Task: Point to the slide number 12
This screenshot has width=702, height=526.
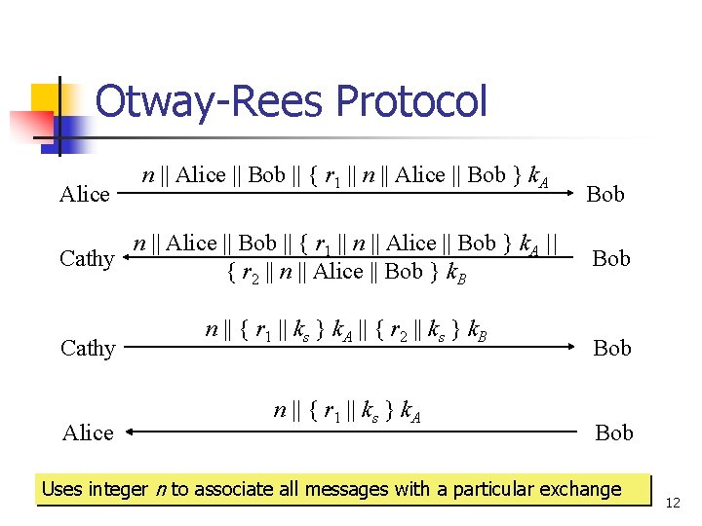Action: pos(671,503)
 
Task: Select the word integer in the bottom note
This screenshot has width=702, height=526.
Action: pos(118,489)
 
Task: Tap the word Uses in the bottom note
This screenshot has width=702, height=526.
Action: pos(61,489)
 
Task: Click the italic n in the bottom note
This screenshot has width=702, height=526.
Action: pos(162,490)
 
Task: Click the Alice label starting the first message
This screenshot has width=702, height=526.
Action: pos(85,195)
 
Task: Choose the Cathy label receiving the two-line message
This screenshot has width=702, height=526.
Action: pos(87,258)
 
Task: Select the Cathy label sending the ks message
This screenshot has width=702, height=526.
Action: pos(88,348)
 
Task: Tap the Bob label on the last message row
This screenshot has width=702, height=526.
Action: pos(613,432)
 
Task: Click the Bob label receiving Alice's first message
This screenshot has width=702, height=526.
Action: pos(605,195)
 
